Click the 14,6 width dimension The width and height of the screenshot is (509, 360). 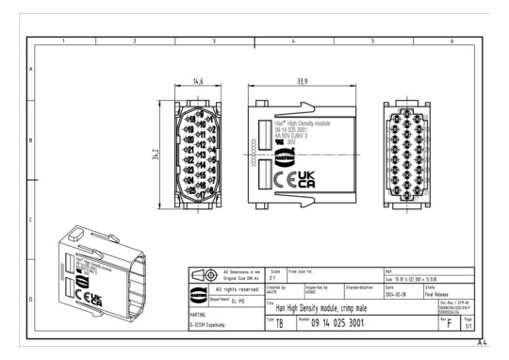(x=198, y=83)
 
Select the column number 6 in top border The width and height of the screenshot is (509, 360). (x=452, y=42)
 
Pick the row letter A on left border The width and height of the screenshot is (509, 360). (x=31, y=71)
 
